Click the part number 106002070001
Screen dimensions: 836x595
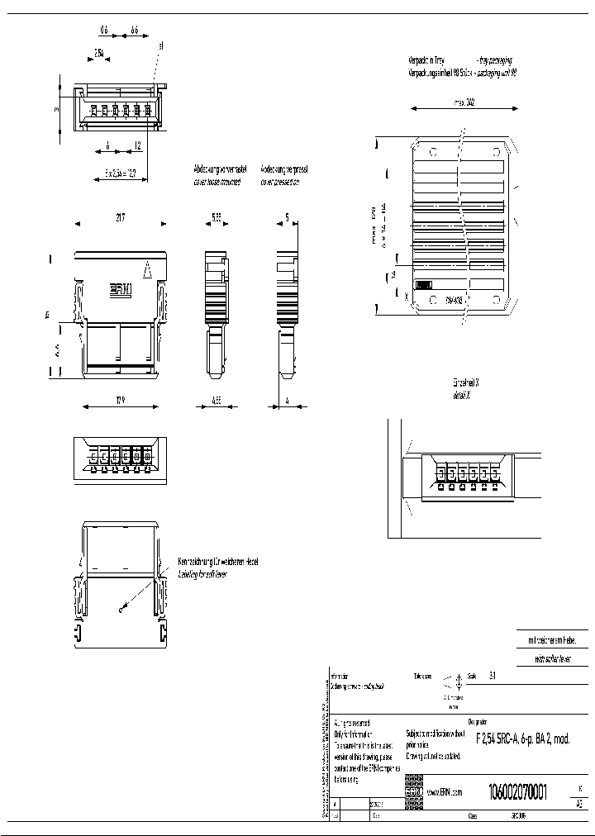pos(517,790)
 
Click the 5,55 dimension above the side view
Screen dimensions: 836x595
pos(216,217)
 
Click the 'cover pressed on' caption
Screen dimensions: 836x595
pos(279,182)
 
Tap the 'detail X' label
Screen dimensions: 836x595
pos(462,396)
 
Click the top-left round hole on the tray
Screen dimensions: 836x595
pos(431,152)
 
